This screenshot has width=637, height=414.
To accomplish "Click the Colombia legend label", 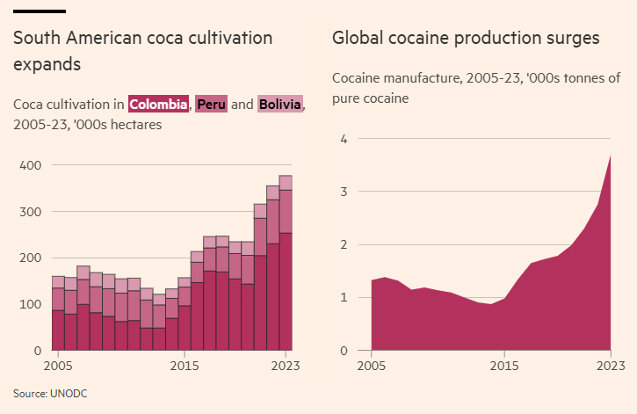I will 159,105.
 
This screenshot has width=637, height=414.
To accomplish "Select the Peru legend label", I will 211,105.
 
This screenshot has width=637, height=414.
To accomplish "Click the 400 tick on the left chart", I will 31,165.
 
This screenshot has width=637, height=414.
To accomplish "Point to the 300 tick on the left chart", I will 31,212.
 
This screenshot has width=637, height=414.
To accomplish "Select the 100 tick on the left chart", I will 31,304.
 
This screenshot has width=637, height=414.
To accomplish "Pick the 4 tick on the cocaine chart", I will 344,139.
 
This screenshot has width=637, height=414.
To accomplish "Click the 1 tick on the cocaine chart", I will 344,298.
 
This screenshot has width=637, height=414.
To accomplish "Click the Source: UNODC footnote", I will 50,393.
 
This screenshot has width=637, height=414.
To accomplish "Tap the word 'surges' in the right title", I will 571,38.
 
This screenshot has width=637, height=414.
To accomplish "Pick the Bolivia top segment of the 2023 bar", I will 286,182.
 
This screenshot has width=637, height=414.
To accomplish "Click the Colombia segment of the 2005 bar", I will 58,330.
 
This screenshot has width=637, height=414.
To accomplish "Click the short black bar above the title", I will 40,11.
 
